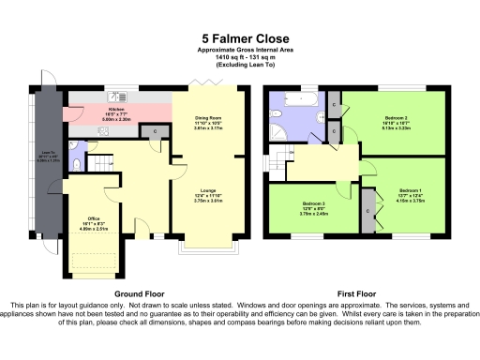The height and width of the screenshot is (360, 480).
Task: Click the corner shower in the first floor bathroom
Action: coord(278,130)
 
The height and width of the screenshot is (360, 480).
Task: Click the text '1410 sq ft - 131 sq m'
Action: coord(240,58)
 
